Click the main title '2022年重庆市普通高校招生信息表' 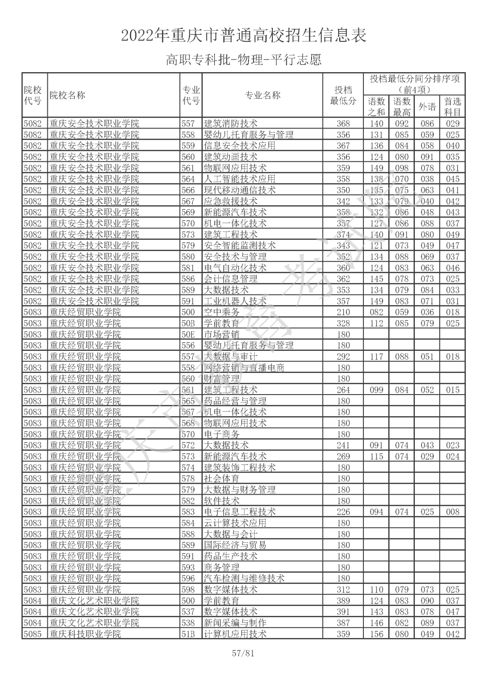point(243,35)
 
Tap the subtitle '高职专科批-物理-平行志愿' point(243,60)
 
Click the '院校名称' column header point(67,95)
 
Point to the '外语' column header point(427,106)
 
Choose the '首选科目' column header point(452,106)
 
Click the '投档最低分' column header point(343,95)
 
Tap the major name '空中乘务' point(221,312)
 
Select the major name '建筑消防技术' point(230,124)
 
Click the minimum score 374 point(343,234)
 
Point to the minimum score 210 point(343,312)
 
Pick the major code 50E point(188,334)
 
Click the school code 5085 point(32,634)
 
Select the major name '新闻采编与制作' point(235,623)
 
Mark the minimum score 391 point(343,611)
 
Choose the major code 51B point(188,634)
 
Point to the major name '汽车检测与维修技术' point(244,578)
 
